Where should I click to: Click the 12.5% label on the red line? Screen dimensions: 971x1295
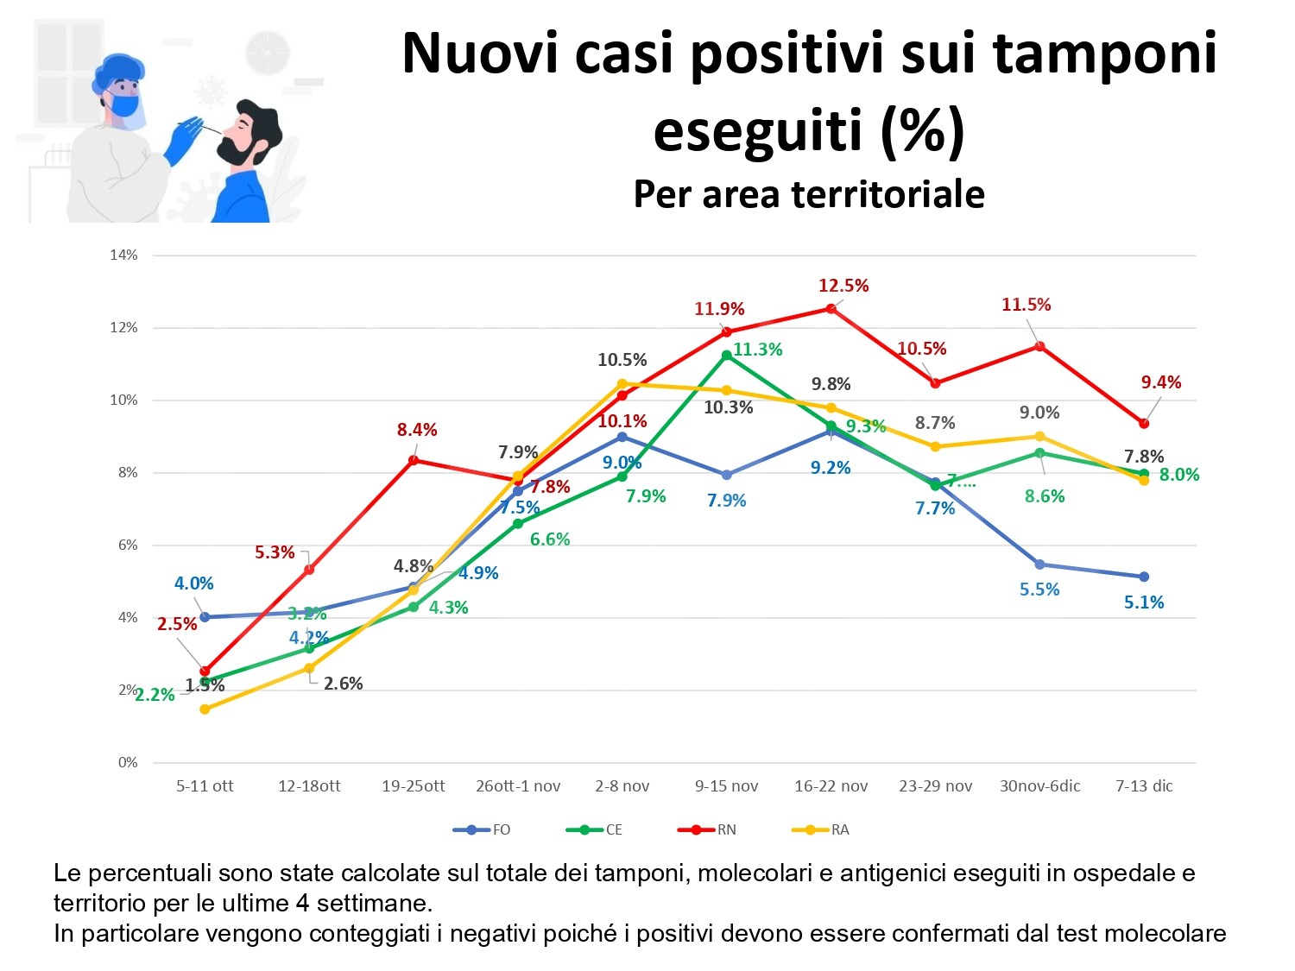click(x=843, y=286)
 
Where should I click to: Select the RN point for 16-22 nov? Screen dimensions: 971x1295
click(x=831, y=308)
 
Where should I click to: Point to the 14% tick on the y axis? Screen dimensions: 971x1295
click(x=123, y=255)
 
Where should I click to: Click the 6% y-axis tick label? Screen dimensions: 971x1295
click(x=127, y=545)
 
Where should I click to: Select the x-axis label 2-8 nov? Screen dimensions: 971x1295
click(x=622, y=786)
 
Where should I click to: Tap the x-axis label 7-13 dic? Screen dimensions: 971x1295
click(x=1144, y=786)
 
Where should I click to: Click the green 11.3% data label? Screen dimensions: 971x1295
click(x=757, y=350)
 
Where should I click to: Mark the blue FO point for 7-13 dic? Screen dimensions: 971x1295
click(x=1144, y=577)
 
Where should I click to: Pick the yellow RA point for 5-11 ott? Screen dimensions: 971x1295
click(x=205, y=709)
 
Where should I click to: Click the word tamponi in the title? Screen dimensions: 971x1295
click(x=1105, y=54)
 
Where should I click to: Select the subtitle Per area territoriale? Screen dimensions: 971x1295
click(x=809, y=194)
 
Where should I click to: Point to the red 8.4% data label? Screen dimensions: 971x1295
click(x=417, y=430)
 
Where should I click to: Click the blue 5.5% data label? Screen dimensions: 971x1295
click(x=1039, y=590)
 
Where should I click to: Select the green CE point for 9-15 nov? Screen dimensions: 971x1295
click(x=727, y=355)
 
